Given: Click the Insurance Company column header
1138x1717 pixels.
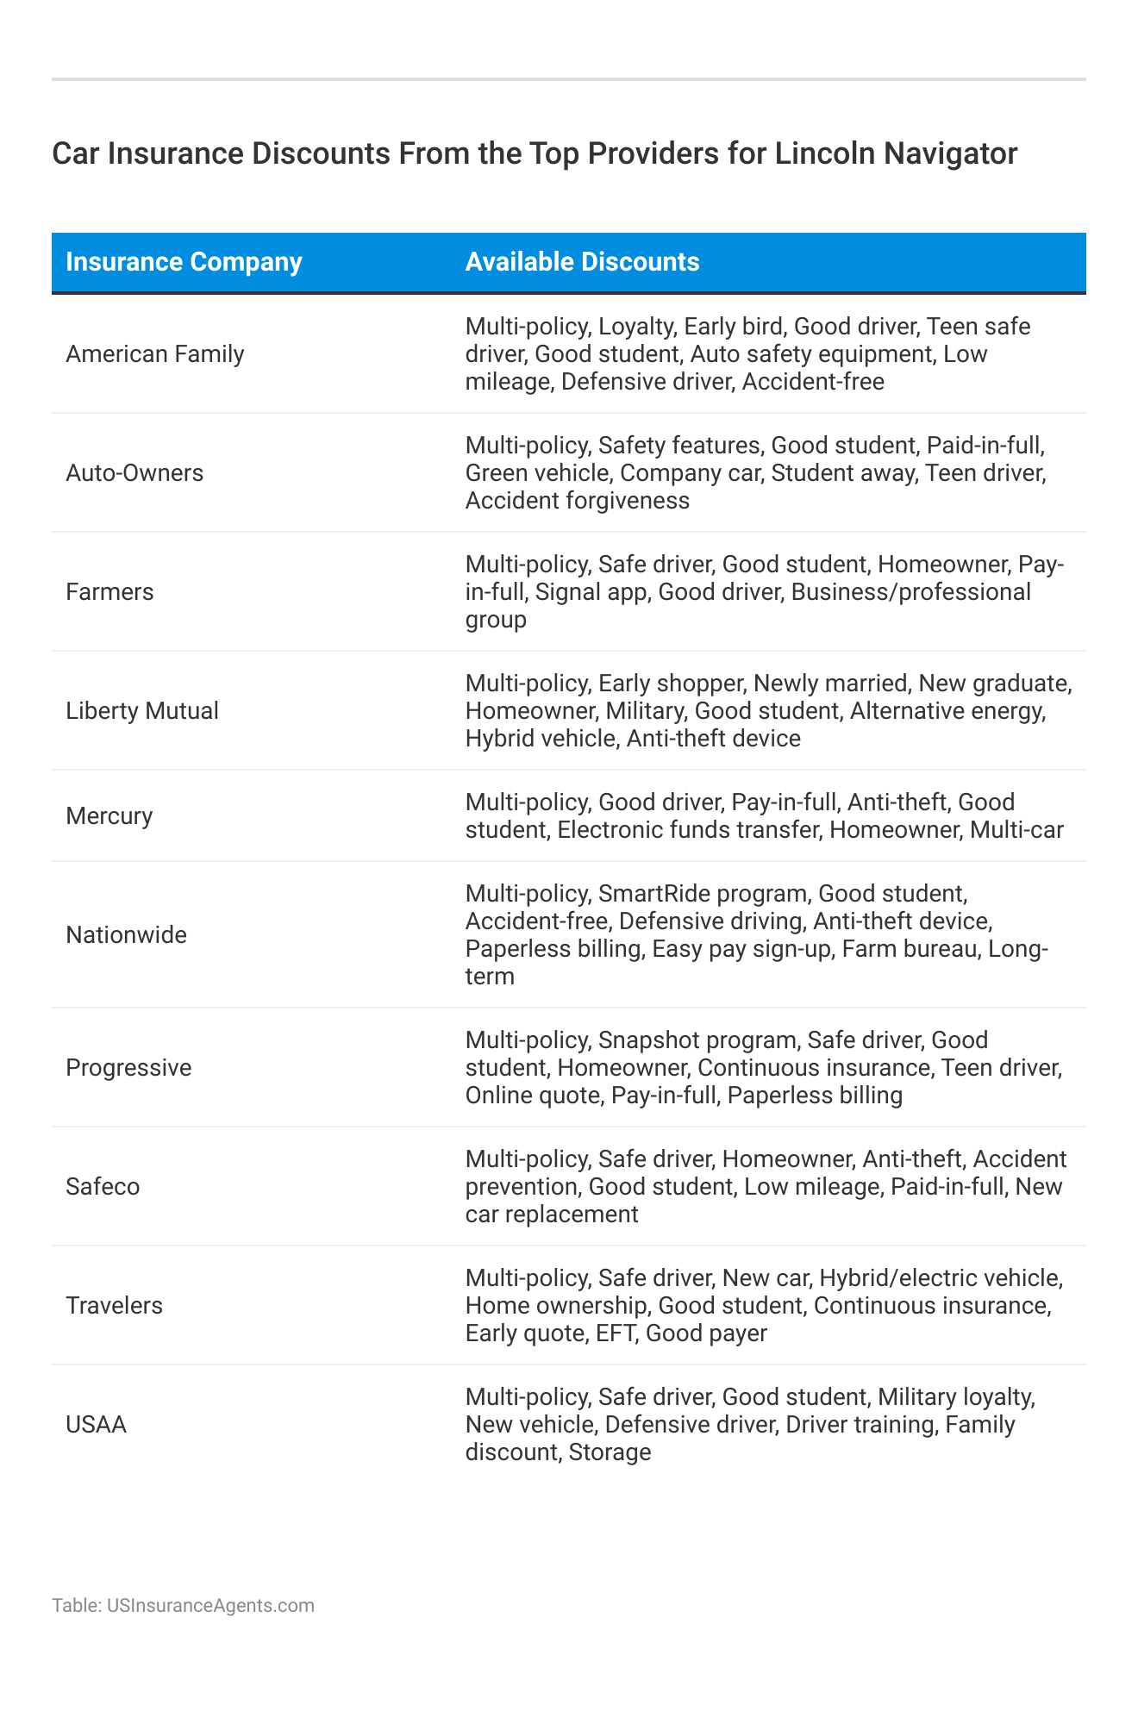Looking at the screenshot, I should [x=184, y=262].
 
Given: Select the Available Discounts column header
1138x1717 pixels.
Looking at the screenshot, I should [x=582, y=262].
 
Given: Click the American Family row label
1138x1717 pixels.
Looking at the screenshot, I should [x=155, y=354].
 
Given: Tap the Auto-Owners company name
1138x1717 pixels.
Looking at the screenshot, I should [x=134, y=473].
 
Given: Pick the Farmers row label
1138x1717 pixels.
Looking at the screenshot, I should [x=109, y=592].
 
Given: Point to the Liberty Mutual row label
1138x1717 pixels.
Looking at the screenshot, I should [x=142, y=711].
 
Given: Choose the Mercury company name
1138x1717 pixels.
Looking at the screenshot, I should [x=109, y=816].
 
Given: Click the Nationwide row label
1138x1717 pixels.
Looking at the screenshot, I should [x=126, y=935].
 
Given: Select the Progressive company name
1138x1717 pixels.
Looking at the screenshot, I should [x=128, y=1068].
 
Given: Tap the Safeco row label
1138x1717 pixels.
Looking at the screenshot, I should [x=103, y=1187].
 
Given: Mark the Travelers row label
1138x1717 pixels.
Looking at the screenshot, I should [x=114, y=1306].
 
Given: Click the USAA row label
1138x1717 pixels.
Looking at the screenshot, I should [x=96, y=1425].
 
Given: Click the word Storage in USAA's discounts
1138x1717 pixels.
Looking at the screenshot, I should [x=610, y=1452].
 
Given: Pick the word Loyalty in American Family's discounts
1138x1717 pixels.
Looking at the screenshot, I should [x=635, y=327].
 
